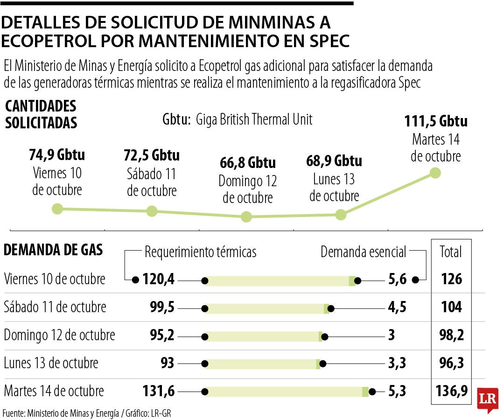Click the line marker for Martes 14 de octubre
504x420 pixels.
click(x=435, y=173)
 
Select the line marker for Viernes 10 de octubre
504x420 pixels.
click(x=57, y=209)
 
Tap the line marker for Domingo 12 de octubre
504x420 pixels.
click(x=246, y=217)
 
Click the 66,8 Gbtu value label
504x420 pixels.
click(x=247, y=163)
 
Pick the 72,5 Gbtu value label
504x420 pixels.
click(x=152, y=154)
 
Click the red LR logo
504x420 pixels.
click(x=488, y=399)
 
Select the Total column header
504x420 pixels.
click(x=451, y=252)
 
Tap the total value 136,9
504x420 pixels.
click(x=451, y=391)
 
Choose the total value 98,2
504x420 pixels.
click(x=451, y=335)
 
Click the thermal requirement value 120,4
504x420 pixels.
click(x=159, y=280)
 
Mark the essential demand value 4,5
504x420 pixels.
click(x=397, y=308)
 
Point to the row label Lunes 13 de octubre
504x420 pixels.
click(x=51, y=363)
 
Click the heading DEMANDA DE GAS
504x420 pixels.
click(x=53, y=250)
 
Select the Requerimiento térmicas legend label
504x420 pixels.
click(x=201, y=252)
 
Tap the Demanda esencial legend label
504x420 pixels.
click(x=364, y=252)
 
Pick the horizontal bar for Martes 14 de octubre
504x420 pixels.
click(x=286, y=392)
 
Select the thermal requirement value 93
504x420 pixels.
click(x=167, y=363)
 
